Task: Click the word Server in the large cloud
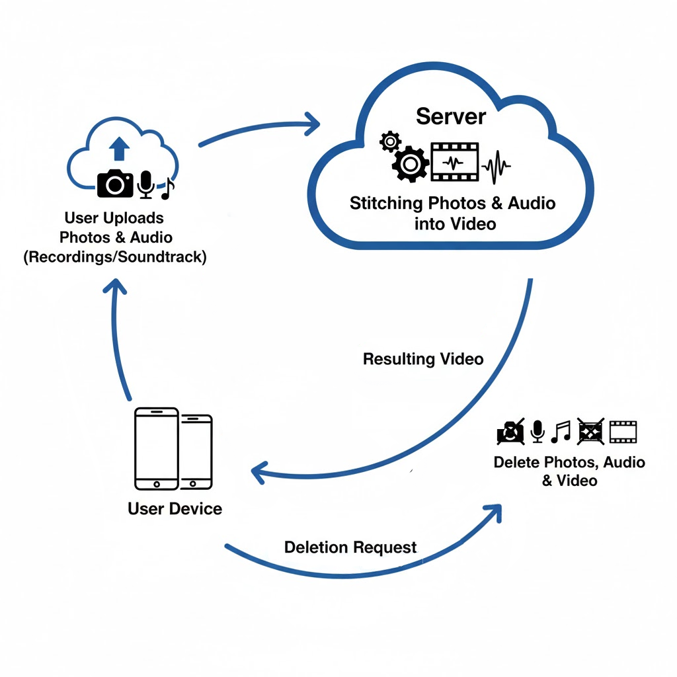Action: click(451, 116)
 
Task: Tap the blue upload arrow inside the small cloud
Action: click(119, 149)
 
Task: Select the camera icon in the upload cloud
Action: click(116, 183)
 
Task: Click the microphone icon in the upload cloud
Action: click(145, 184)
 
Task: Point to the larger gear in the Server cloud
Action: click(410, 163)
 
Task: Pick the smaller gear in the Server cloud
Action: click(390, 140)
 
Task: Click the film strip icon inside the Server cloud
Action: click(455, 161)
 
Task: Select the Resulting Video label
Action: click(423, 360)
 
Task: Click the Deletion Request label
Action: click(350, 547)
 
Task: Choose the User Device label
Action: click(175, 508)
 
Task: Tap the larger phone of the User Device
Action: click(156, 449)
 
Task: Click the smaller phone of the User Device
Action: click(196, 452)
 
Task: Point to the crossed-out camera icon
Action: click(510, 432)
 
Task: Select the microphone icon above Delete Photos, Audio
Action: click(538, 432)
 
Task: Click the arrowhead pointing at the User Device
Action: click(260, 471)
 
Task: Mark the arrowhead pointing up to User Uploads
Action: click(117, 288)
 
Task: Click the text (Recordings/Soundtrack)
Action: click(115, 257)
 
